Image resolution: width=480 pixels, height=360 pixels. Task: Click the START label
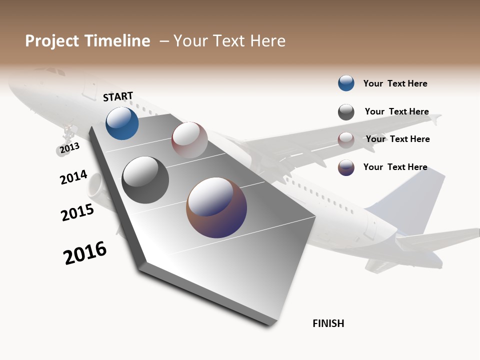pos(118,96)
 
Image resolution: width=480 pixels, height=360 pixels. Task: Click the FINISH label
pos(328,323)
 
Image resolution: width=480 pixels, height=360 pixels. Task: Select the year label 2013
pos(69,148)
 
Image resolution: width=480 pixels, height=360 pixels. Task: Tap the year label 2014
pos(73,177)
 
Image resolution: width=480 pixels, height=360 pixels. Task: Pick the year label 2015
pos(77,212)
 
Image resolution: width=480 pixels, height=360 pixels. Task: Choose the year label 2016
pos(85,253)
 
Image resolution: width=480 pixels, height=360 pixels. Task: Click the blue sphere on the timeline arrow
pos(122,123)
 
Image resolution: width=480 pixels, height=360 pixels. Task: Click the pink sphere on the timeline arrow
pos(189,140)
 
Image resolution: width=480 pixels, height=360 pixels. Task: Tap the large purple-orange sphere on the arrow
pos(216,207)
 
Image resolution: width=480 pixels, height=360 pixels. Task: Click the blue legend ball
pos(346,83)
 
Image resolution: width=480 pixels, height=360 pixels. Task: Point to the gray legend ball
pos(346,112)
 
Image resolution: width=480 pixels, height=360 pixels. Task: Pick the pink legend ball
pos(346,139)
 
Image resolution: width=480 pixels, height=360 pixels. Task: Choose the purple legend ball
pos(346,167)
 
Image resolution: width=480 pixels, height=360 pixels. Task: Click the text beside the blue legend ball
pos(395,83)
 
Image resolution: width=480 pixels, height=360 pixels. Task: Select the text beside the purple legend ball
pos(395,167)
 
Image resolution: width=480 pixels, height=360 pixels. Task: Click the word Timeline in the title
pos(117,41)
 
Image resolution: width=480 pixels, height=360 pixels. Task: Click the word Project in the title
pos(52,41)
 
